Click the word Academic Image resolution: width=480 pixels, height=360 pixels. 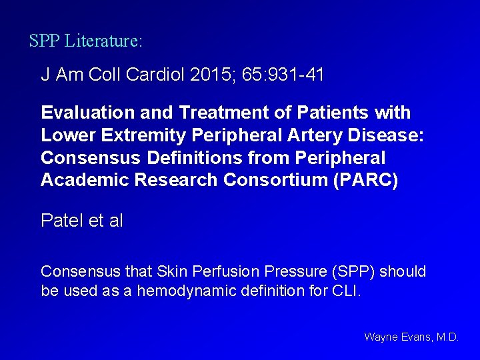tap(82, 180)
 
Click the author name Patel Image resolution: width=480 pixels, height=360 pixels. tap(62, 221)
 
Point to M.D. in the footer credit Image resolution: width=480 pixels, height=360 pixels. tap(447, 337)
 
